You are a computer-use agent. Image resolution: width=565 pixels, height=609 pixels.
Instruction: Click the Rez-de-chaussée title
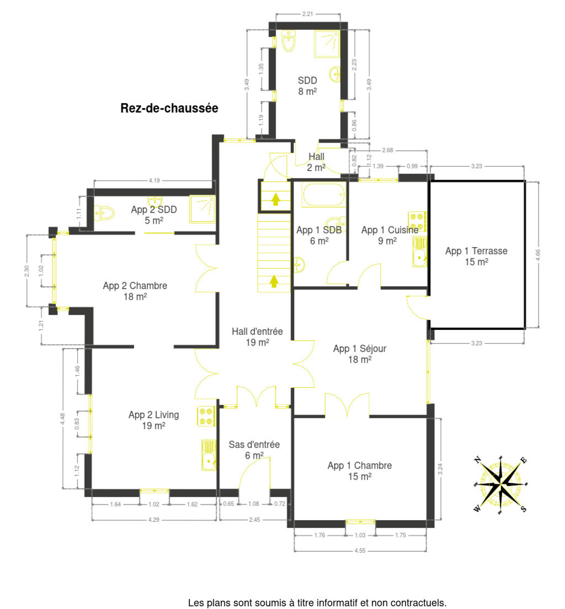tap(169, 108)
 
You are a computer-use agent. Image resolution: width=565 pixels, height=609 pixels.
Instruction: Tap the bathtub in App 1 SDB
tap(323, 195)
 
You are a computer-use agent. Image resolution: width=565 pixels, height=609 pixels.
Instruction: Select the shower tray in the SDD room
tap(327, 44)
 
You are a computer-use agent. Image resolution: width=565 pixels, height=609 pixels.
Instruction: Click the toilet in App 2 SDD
tap(104, 213)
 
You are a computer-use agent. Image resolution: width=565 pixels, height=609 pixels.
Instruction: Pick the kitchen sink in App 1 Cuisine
tap(419, 252)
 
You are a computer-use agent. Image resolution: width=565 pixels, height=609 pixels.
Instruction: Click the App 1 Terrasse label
tap(476, 256)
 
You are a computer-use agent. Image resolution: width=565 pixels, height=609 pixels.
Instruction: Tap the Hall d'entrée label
tap(257, 336)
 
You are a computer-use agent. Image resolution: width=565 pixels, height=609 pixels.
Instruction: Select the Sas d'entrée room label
tap(254, 450)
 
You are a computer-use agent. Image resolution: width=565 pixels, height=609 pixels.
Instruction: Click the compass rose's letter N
tap(477, 460)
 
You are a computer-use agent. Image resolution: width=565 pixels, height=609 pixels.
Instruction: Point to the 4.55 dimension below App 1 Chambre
tap(360, 551)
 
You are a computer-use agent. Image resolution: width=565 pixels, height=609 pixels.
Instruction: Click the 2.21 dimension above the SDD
tap(307, 14)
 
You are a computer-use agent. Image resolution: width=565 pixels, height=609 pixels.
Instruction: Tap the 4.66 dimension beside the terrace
tap(538, 255)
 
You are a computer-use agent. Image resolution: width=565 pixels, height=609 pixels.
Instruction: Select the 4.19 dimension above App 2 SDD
tap(154, 180)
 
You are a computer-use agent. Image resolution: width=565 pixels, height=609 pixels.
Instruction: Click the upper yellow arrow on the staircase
tap(276, 199)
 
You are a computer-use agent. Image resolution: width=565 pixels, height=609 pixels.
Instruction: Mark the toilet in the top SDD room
tap(288, 41)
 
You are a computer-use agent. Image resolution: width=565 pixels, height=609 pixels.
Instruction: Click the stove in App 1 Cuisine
tap(417, 221)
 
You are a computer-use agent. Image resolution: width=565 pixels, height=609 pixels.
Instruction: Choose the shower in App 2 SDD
tap(203, 209)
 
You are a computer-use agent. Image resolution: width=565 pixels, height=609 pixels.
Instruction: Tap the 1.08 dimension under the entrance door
tap(254, 503)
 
